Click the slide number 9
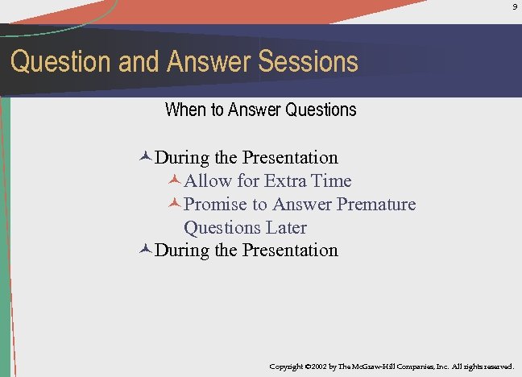[515, 7]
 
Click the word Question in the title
[60, 62]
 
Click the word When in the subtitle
[185, 110]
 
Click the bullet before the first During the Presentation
[145, 157]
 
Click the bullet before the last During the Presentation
[145, 250]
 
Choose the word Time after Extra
[332, 180]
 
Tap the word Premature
[376, 204]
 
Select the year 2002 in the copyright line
[316, 367]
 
